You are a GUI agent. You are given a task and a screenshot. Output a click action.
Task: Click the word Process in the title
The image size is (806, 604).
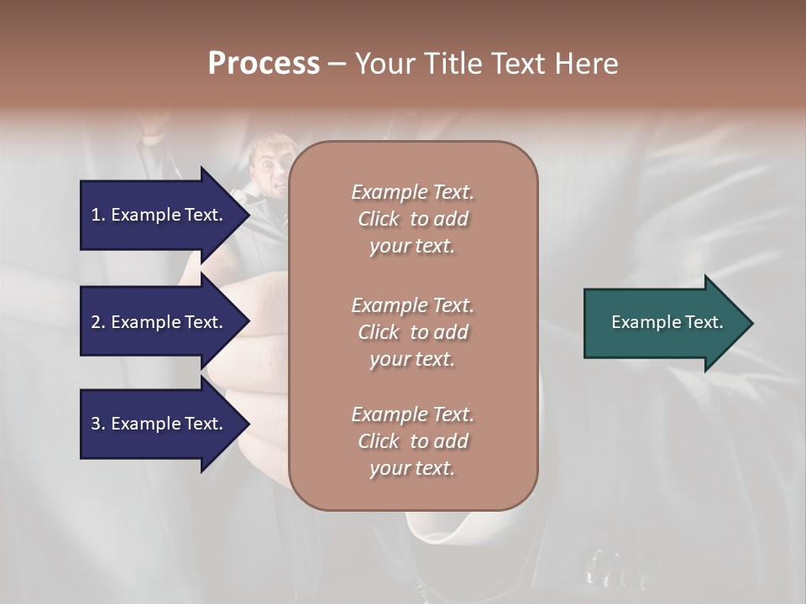264,64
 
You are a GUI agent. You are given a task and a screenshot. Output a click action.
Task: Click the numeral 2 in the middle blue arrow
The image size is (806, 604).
96,322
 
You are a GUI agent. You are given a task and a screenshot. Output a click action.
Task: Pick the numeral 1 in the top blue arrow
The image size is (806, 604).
96,215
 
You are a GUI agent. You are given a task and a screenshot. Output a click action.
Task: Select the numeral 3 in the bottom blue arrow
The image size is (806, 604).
96,424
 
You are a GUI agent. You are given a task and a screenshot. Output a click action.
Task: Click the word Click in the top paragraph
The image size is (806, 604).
379,219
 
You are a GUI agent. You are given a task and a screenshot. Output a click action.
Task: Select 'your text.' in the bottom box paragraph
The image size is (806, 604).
412,468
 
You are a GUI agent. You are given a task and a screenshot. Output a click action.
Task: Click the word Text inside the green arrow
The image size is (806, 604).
703,322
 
